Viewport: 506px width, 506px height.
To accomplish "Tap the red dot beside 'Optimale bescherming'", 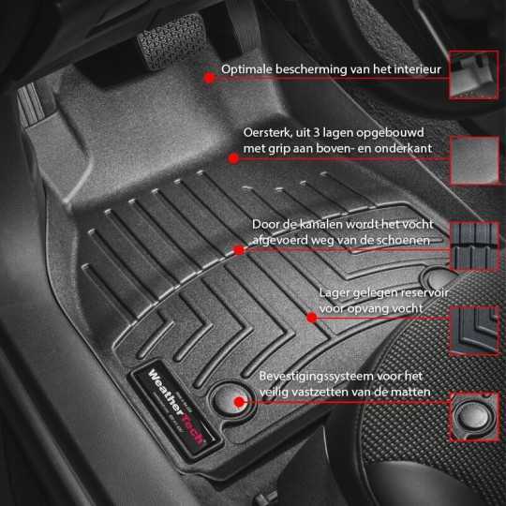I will click(208, 76).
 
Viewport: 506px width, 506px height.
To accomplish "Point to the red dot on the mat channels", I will click(240, 249).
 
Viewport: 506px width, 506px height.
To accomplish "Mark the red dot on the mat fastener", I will click(241, 402).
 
